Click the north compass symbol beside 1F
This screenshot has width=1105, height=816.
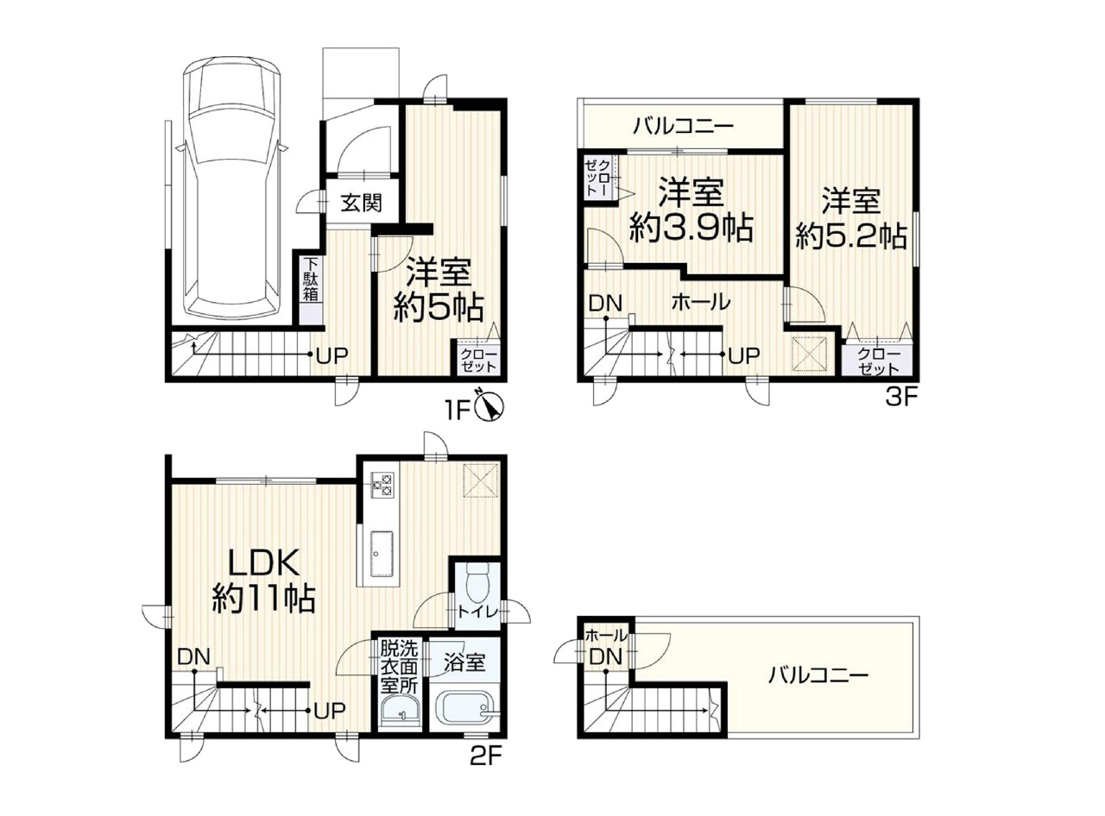[x=490, y=407]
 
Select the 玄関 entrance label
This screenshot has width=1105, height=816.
[x=362, y=203]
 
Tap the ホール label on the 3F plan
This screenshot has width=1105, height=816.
[x=701, y=302]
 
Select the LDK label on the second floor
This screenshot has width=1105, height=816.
[x=263, y=563]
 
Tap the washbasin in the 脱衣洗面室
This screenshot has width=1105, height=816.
[x=400, y=712]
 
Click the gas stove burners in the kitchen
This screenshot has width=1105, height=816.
[x=382, y=486]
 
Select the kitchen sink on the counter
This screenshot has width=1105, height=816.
[x=382, y=547]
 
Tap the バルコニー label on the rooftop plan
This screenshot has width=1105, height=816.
[x=818, y=675]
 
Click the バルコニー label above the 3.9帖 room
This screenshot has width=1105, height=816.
[x=684, y=126]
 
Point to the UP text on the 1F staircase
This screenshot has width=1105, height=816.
[x=332, y=355]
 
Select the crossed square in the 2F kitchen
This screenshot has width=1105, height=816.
[x=481, y=480]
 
